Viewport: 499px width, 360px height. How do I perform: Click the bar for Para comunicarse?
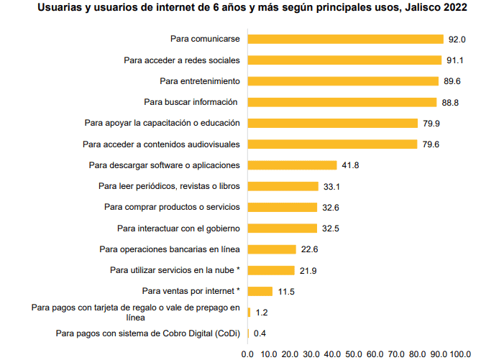pos(345,39)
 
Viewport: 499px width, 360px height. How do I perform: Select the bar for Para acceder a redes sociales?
pos(344,60)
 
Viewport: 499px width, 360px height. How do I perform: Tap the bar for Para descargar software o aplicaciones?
pos(292,165)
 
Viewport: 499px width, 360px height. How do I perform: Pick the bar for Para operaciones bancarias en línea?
pos(272,249)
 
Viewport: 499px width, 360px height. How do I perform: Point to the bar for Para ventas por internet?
pos(260,291)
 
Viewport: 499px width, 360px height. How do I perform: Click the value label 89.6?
pos(452,81)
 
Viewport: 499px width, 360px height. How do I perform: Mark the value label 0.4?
pos(260,333)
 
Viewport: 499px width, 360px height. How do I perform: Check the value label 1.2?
pos(262,313)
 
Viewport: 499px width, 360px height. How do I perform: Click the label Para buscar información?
pos(192,102)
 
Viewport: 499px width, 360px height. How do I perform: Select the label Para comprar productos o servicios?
pos(172,207)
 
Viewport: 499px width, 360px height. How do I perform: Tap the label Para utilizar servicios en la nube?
pos(175,270)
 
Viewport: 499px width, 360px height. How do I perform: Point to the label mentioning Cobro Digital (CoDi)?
pos(147,333)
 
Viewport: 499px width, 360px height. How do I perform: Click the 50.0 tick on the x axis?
pos(354,353)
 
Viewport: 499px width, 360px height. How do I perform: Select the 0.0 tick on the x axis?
pos(248,353)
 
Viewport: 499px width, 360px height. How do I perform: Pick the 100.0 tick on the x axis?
pos(460,353)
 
